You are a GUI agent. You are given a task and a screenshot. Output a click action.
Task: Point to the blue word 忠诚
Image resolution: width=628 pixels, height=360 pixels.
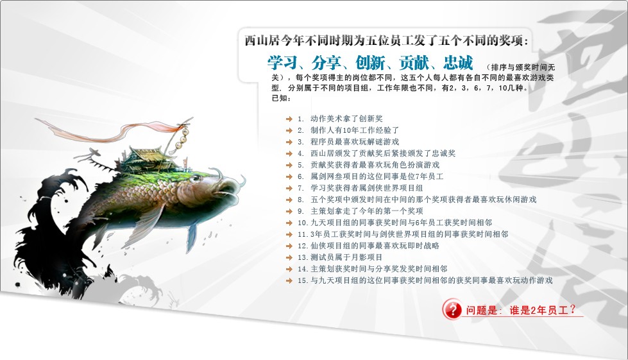point(459,64)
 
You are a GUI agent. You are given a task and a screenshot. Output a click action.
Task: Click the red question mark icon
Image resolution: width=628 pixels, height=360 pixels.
point(452,309)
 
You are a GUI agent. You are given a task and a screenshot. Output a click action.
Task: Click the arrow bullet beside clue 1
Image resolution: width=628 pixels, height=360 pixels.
point(289,119)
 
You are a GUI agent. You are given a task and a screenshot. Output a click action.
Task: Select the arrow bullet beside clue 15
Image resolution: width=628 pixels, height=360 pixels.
point(289,280)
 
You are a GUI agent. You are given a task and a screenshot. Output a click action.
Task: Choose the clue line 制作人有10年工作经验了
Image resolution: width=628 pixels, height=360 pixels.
point(355,130)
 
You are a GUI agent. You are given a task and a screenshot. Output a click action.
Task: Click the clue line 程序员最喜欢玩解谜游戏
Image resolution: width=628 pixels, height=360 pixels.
point(355,142)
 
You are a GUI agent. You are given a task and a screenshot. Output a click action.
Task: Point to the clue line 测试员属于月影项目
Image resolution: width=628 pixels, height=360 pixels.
point(346,257)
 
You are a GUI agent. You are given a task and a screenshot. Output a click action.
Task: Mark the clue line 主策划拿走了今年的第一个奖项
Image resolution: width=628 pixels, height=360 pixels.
point(367,211)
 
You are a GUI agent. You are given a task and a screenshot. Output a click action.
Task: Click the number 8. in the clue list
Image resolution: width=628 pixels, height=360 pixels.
point(301,200)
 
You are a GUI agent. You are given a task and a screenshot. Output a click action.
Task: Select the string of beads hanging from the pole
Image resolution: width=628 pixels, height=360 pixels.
point(183,136)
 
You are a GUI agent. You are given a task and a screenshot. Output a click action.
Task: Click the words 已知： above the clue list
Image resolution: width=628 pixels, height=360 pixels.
point(282,98)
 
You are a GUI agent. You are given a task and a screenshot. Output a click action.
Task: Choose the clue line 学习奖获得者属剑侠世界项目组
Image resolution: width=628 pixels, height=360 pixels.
point(367,188)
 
